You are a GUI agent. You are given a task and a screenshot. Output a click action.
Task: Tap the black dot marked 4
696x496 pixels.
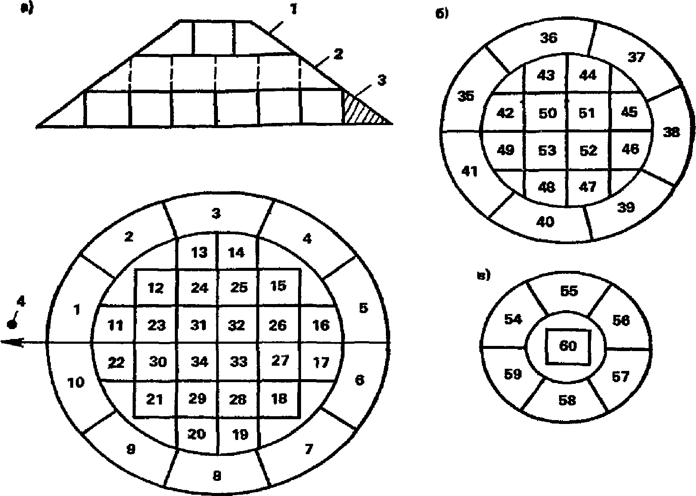coord(13,324)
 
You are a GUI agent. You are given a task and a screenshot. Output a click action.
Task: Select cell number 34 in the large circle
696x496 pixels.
coord(199,361)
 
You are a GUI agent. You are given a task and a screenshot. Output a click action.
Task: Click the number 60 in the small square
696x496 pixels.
coord(568,346)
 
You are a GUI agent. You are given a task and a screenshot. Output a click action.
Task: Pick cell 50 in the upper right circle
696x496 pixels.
coord(547,113)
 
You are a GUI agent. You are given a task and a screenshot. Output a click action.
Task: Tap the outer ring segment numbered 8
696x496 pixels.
coord(217,476)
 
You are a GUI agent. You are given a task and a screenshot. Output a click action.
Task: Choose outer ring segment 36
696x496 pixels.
coord(549,38)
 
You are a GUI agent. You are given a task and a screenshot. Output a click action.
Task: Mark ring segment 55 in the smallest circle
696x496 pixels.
coord(569,291)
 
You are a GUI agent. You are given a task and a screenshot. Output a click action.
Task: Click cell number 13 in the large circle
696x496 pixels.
coord(199,252)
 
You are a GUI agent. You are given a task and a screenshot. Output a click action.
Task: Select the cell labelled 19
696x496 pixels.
coord(239,434)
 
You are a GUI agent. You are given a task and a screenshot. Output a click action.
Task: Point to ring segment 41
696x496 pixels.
coord(469,172)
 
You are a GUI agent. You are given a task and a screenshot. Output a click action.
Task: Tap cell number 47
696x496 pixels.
coord(588,186)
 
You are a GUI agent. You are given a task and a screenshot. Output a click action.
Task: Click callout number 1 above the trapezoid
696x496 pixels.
coord(293,9)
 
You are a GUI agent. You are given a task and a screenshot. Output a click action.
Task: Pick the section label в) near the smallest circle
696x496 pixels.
coord(484,276)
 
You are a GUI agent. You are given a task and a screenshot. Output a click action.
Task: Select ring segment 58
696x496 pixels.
coord(567,400)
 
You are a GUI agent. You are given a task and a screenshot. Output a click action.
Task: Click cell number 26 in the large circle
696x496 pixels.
coord(277,325)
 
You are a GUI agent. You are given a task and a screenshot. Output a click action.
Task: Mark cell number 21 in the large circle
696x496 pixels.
coord(155,399)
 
